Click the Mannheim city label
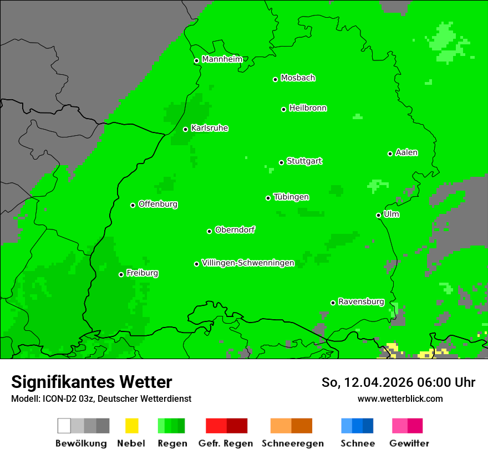point(222,59)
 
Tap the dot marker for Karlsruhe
point(186,129)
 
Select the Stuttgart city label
point(304,161)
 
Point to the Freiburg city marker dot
point(121,274)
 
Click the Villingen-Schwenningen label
point(248,263)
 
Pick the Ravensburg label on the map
point(361,302)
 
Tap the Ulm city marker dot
point(379,215)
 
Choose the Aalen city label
point(406,152)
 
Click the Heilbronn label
point(308,108)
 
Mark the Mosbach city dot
point(275,79)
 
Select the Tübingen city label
point(291,197)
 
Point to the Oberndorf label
point(235,230)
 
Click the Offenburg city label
point(158,204)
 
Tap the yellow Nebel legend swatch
point(131,426)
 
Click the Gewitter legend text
point(409,443)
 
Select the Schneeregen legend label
point(292,443)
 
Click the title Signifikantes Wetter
point(91,382)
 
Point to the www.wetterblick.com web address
point(400,398)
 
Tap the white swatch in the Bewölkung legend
point(64,426)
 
